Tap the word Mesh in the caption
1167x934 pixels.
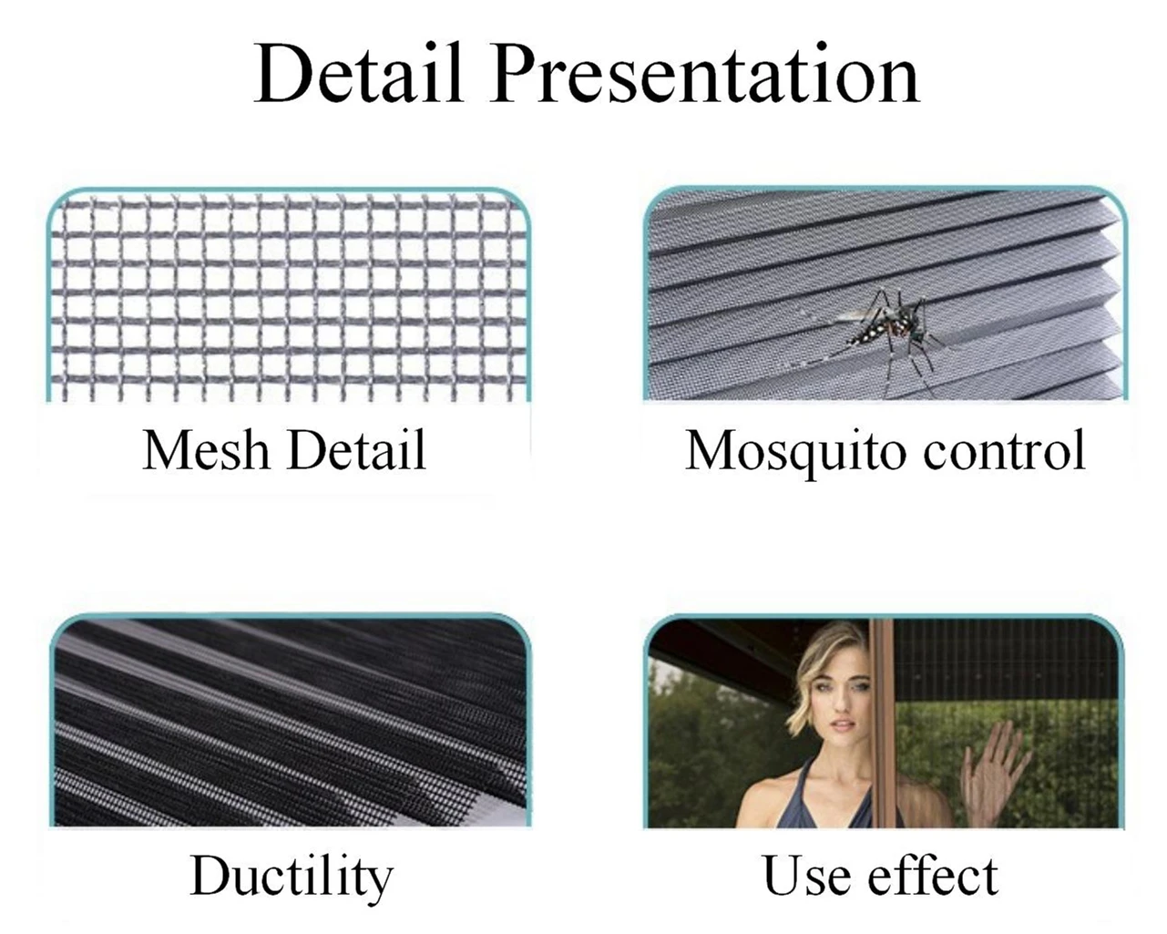pyautogui.click(x=206, y=451)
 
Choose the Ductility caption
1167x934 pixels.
pyautogui.click(x=291, y=877)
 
